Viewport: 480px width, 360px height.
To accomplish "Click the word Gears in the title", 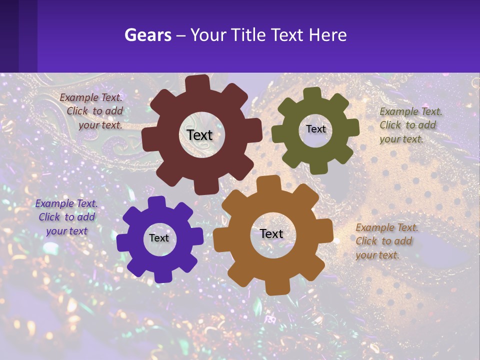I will (x=145, y=35).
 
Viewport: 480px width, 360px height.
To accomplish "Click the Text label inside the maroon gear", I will (x=199, y=135).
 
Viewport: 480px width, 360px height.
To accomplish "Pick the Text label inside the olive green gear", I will (x=315, y=129).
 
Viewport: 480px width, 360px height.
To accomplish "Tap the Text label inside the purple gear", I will (x=159, y=238).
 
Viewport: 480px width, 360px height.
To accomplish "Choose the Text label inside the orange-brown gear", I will (x=271, y=233).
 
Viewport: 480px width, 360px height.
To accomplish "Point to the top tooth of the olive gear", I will (x=312, y=94).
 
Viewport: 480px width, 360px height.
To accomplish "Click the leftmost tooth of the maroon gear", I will (x=149, y=139).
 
